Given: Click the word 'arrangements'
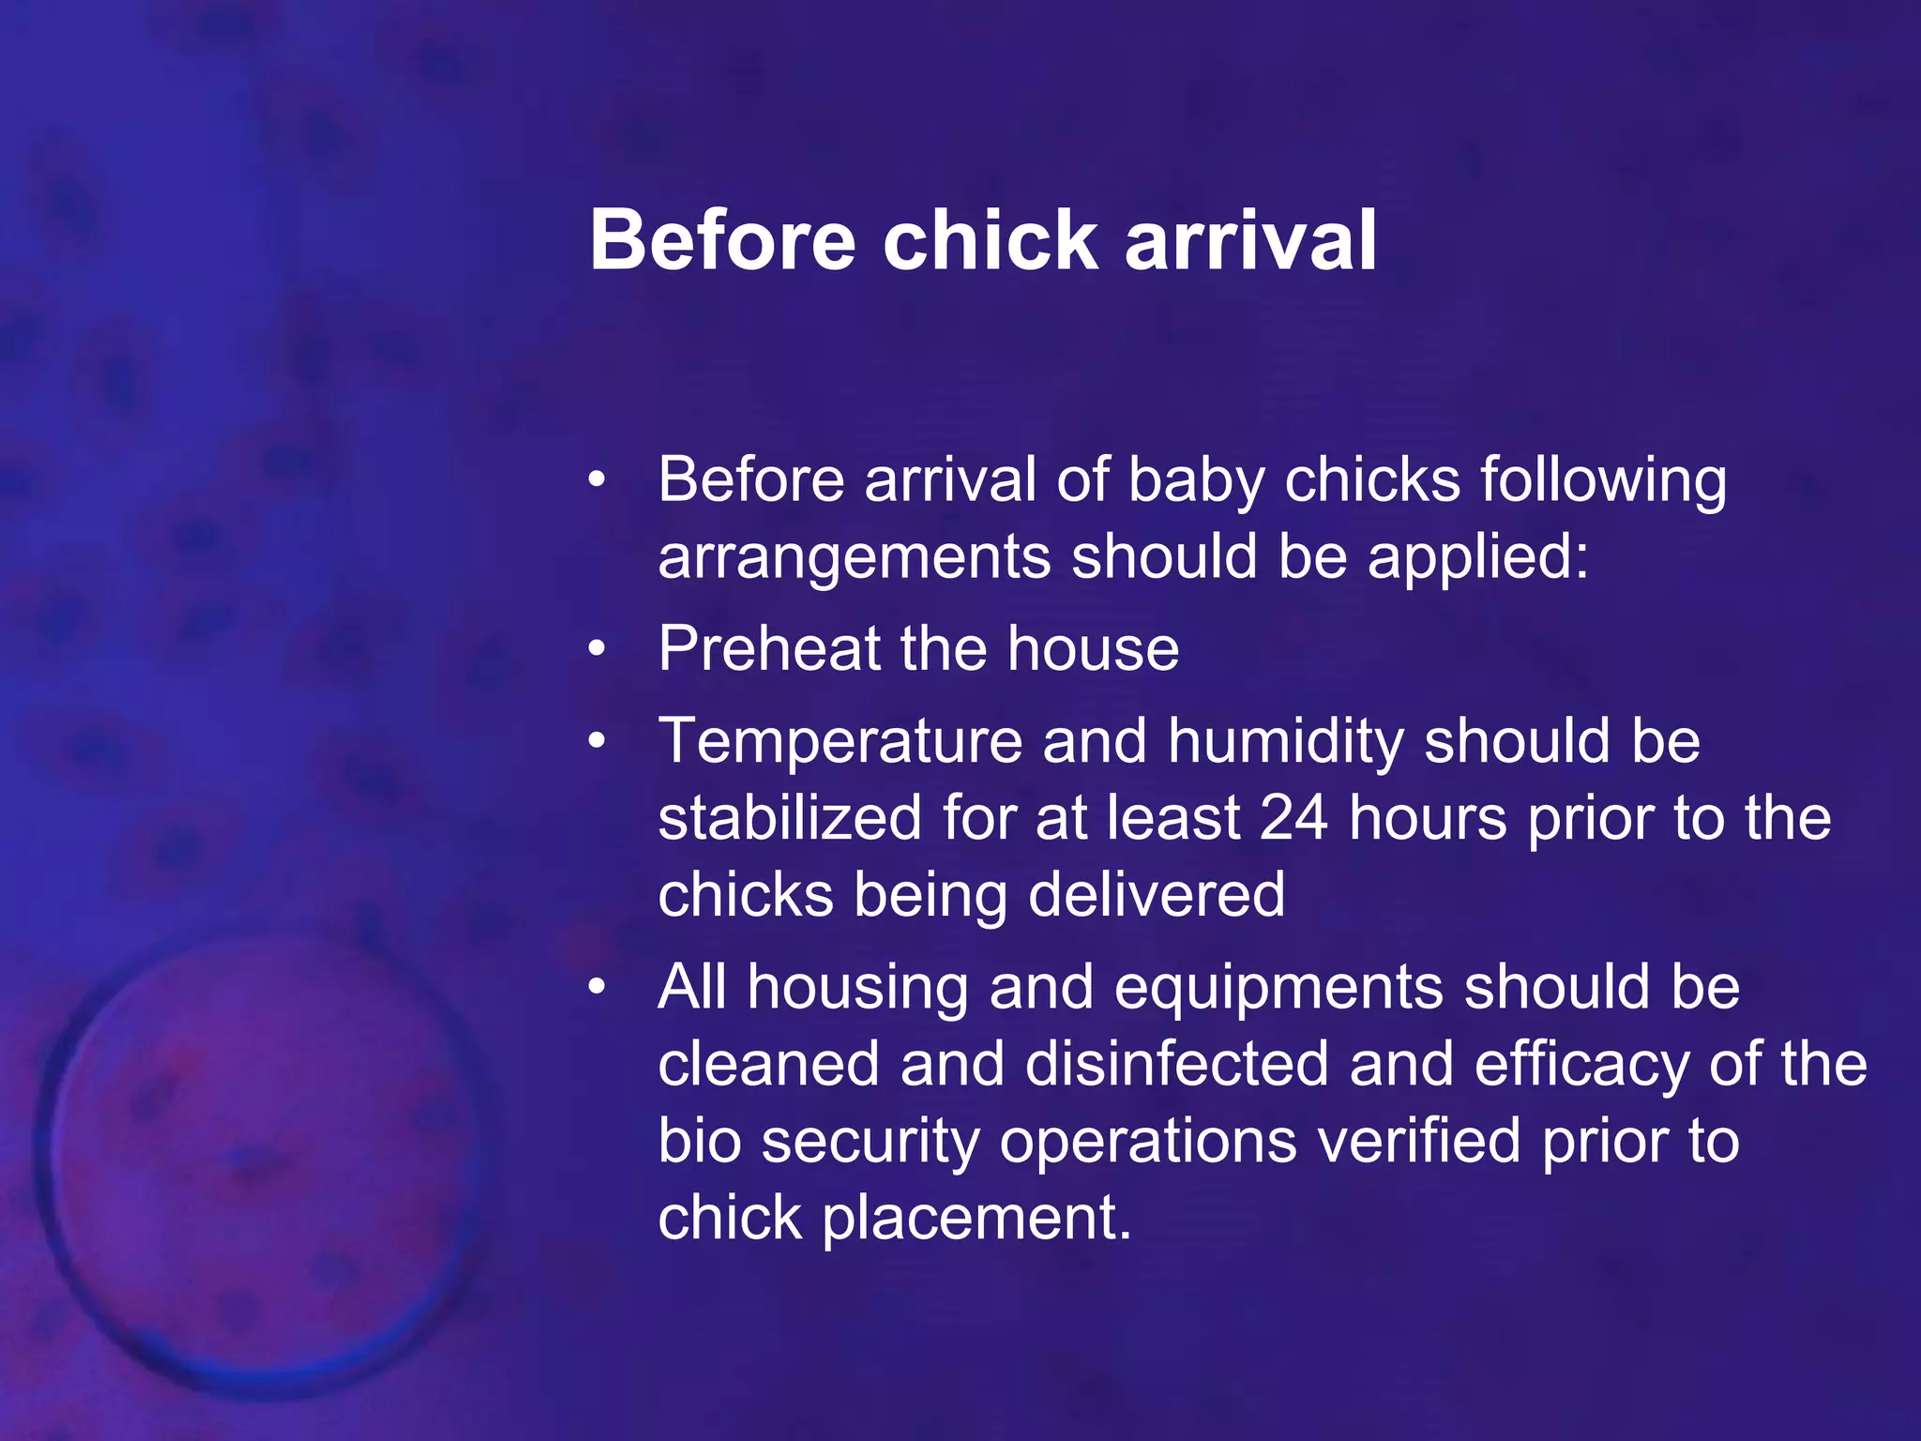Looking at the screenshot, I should point(854,559).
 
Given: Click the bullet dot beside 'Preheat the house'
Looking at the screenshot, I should point(597,649).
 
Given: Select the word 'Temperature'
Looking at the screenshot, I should point(839,741).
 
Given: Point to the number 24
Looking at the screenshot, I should point(1293,818).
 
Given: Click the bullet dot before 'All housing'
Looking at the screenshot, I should point(597,988).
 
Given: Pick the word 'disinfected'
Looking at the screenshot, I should point(1177,1065).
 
